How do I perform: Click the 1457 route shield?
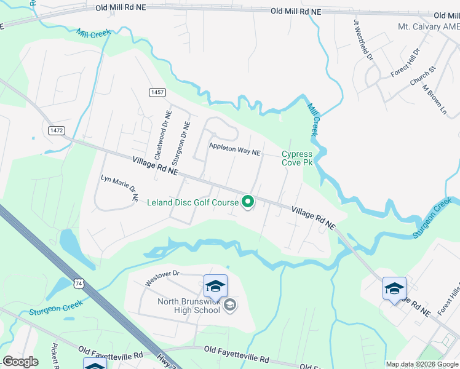coord(157,92)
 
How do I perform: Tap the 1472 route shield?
coord(57,130)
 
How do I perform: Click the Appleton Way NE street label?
coord(235,148)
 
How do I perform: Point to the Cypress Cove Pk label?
coord(298,158)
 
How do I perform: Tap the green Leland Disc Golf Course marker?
coord(248,201)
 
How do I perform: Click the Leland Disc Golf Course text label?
coord(192,202)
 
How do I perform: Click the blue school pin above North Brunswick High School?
coord(215,286)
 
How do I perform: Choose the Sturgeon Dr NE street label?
coord(183,144)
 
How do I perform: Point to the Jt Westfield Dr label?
coord(363,39)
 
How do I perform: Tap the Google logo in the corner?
coord(20,362)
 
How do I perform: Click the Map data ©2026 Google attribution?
coord(421,364)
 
